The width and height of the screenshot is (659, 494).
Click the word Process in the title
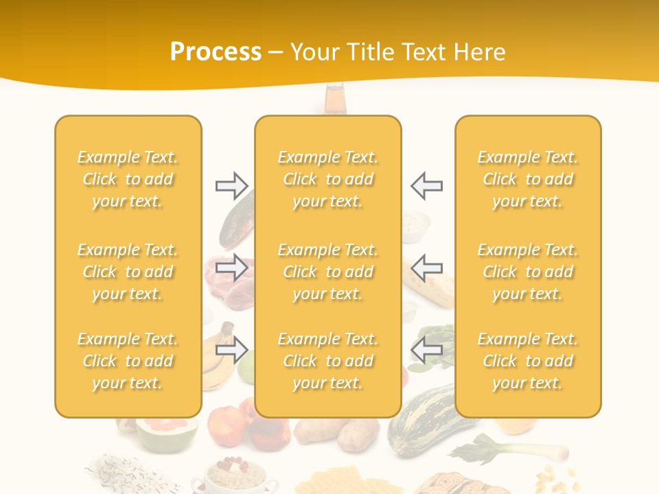pos(216,52)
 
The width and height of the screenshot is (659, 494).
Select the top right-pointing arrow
pos(231,185)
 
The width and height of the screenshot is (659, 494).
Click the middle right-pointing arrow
pos(231,267)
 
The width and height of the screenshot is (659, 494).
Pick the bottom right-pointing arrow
pos(231,350)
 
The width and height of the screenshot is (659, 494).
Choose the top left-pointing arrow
pos(426,185)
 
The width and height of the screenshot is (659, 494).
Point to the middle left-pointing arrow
pos(426,267)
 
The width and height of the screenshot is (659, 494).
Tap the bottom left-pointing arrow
pos(426,350)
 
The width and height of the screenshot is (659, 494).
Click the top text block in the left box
pos(128,179)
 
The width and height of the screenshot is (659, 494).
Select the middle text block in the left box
pos(128,272)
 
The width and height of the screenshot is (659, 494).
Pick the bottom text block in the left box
pos(128,361)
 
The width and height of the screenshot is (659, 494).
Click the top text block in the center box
pos(327,179)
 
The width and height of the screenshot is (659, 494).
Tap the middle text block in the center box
pos(327,272)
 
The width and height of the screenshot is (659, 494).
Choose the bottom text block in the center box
pos(327,361)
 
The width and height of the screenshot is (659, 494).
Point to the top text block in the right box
pos(527,179)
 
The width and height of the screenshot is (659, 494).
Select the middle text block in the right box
pos(527,272)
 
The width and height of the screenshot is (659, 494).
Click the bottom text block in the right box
pos(527,361)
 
